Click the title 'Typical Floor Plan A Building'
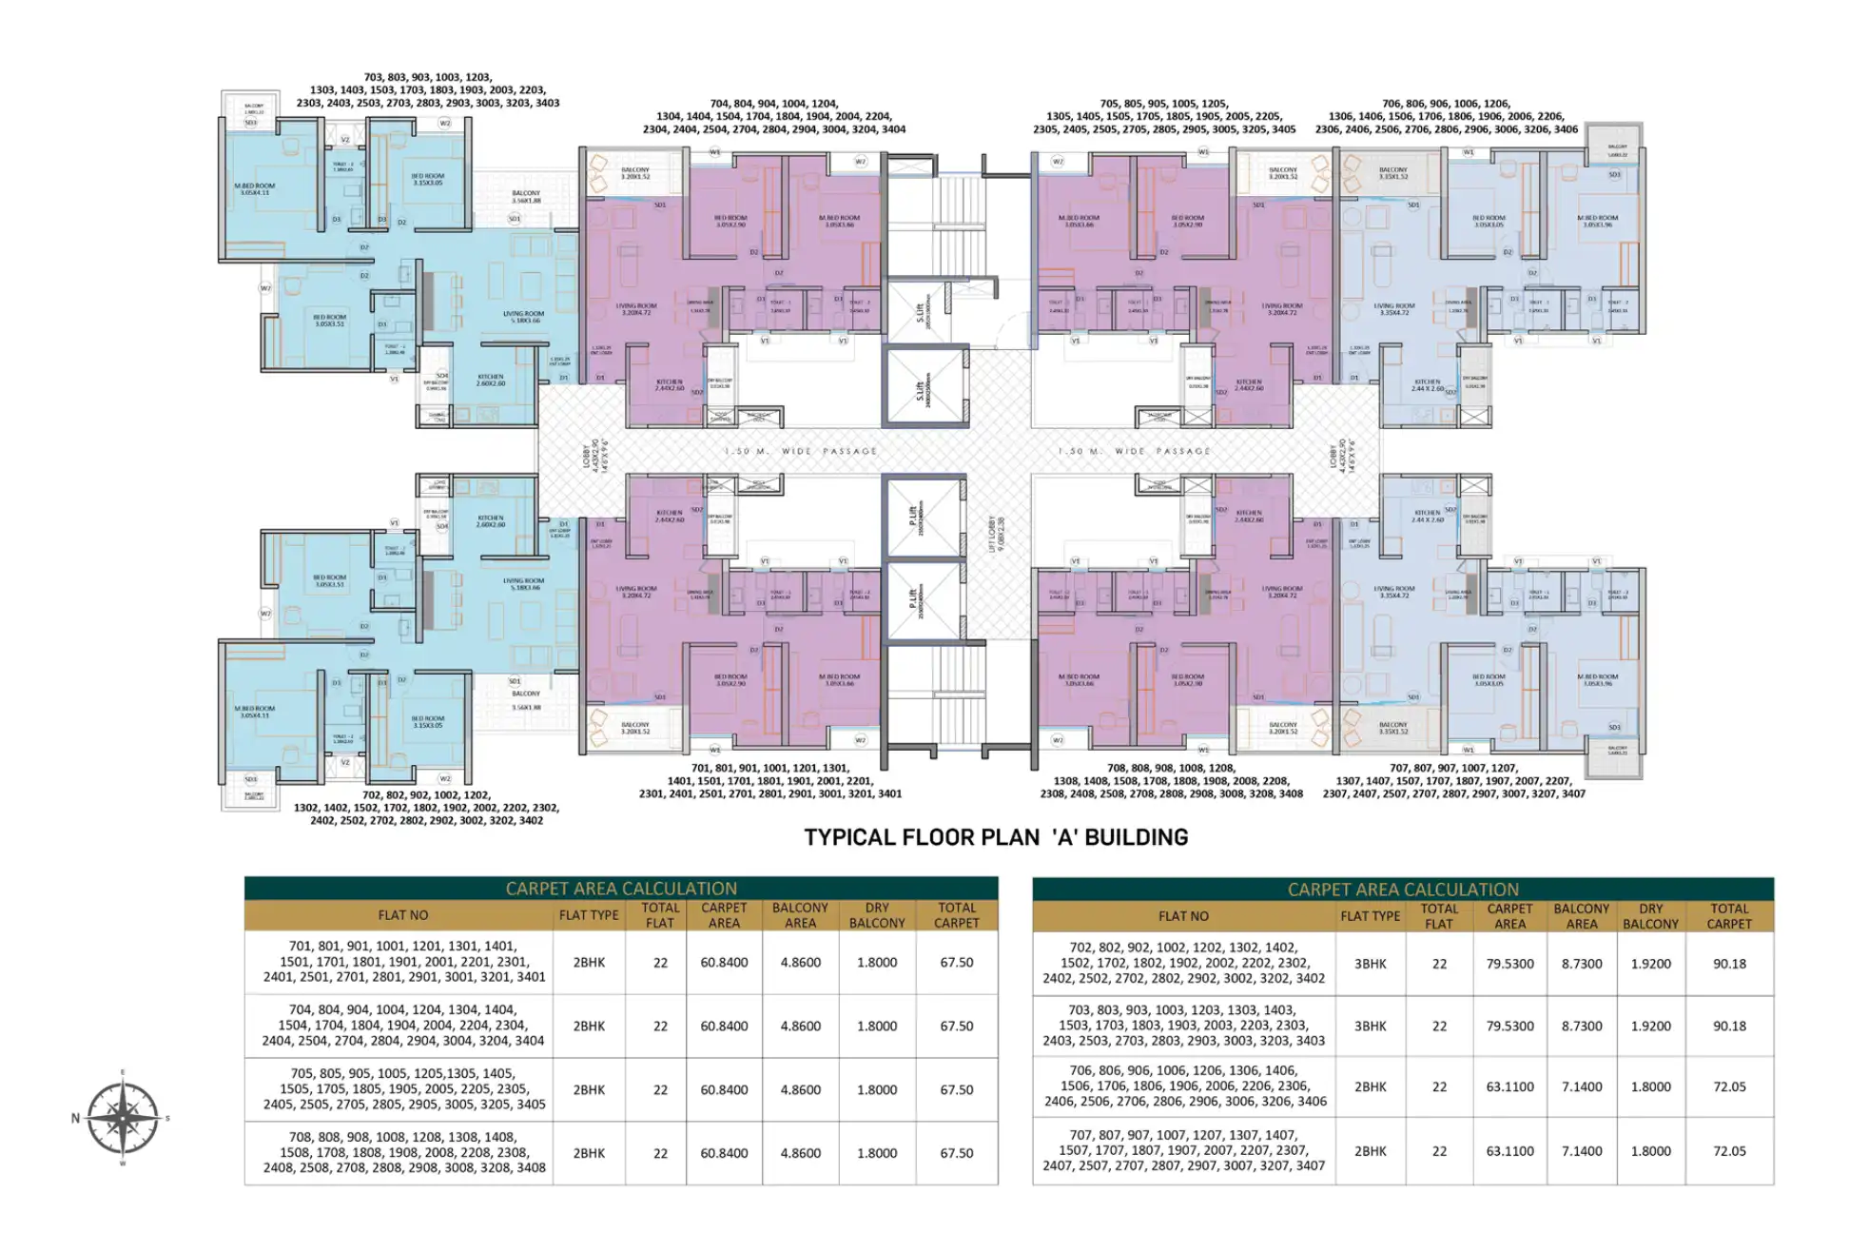click(996, 837)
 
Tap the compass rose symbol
click(123, 1118)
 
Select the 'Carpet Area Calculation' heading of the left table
click(621, 889)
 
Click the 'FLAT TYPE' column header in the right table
click(1370, 916)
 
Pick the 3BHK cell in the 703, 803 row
click(1370, 1027)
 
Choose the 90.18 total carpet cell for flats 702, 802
click(1728, 964)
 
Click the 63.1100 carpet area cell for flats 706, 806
click(1509, 1086)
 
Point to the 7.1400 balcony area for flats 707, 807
click(1581, 1151)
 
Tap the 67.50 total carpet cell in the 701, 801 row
click(956, 963)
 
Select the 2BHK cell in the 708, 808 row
click(589, 1153)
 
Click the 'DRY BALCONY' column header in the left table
click(876, 915)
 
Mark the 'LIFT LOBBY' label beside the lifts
click(995, 534)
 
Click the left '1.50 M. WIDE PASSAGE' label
click(800, 451)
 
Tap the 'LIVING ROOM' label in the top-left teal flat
click(523, 317)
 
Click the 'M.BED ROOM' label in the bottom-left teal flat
click(254, 712)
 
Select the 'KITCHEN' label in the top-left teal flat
click(491, 380)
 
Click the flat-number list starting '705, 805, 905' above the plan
click(1163, 116)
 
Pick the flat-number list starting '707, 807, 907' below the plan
click(1453, 780)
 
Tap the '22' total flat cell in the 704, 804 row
click(660, 1027)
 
